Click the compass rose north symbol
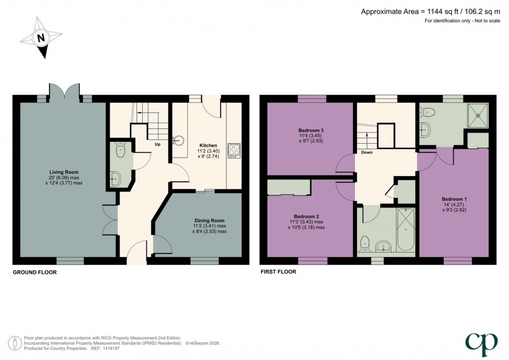point(41,37)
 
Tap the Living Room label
point(60,172)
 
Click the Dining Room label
point(209,220)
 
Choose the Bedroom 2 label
point(306,216)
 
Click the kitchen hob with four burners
point(234,150)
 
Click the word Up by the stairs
point(158,145)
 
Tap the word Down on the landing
point(367,153)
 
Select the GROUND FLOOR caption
point(34,272)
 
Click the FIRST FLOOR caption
point(278,272)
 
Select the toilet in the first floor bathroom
point(365,243)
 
